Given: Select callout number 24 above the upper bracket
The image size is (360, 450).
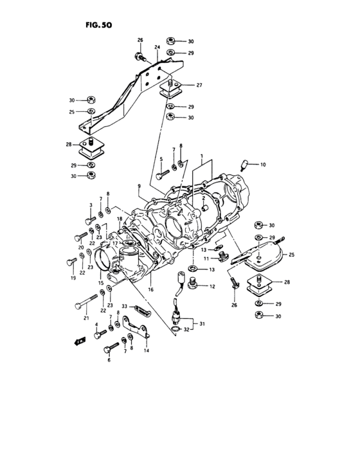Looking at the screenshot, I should [x=156, y=47].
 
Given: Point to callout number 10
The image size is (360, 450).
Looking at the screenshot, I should [x=262, y=165].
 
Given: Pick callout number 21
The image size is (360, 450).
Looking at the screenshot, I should [x=85, y=317].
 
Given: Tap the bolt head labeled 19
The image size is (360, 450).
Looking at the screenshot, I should [x=69, y=261].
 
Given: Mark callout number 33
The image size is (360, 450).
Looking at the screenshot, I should [x=125, y=306].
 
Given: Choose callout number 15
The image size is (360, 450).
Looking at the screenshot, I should [x=101, y=283].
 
